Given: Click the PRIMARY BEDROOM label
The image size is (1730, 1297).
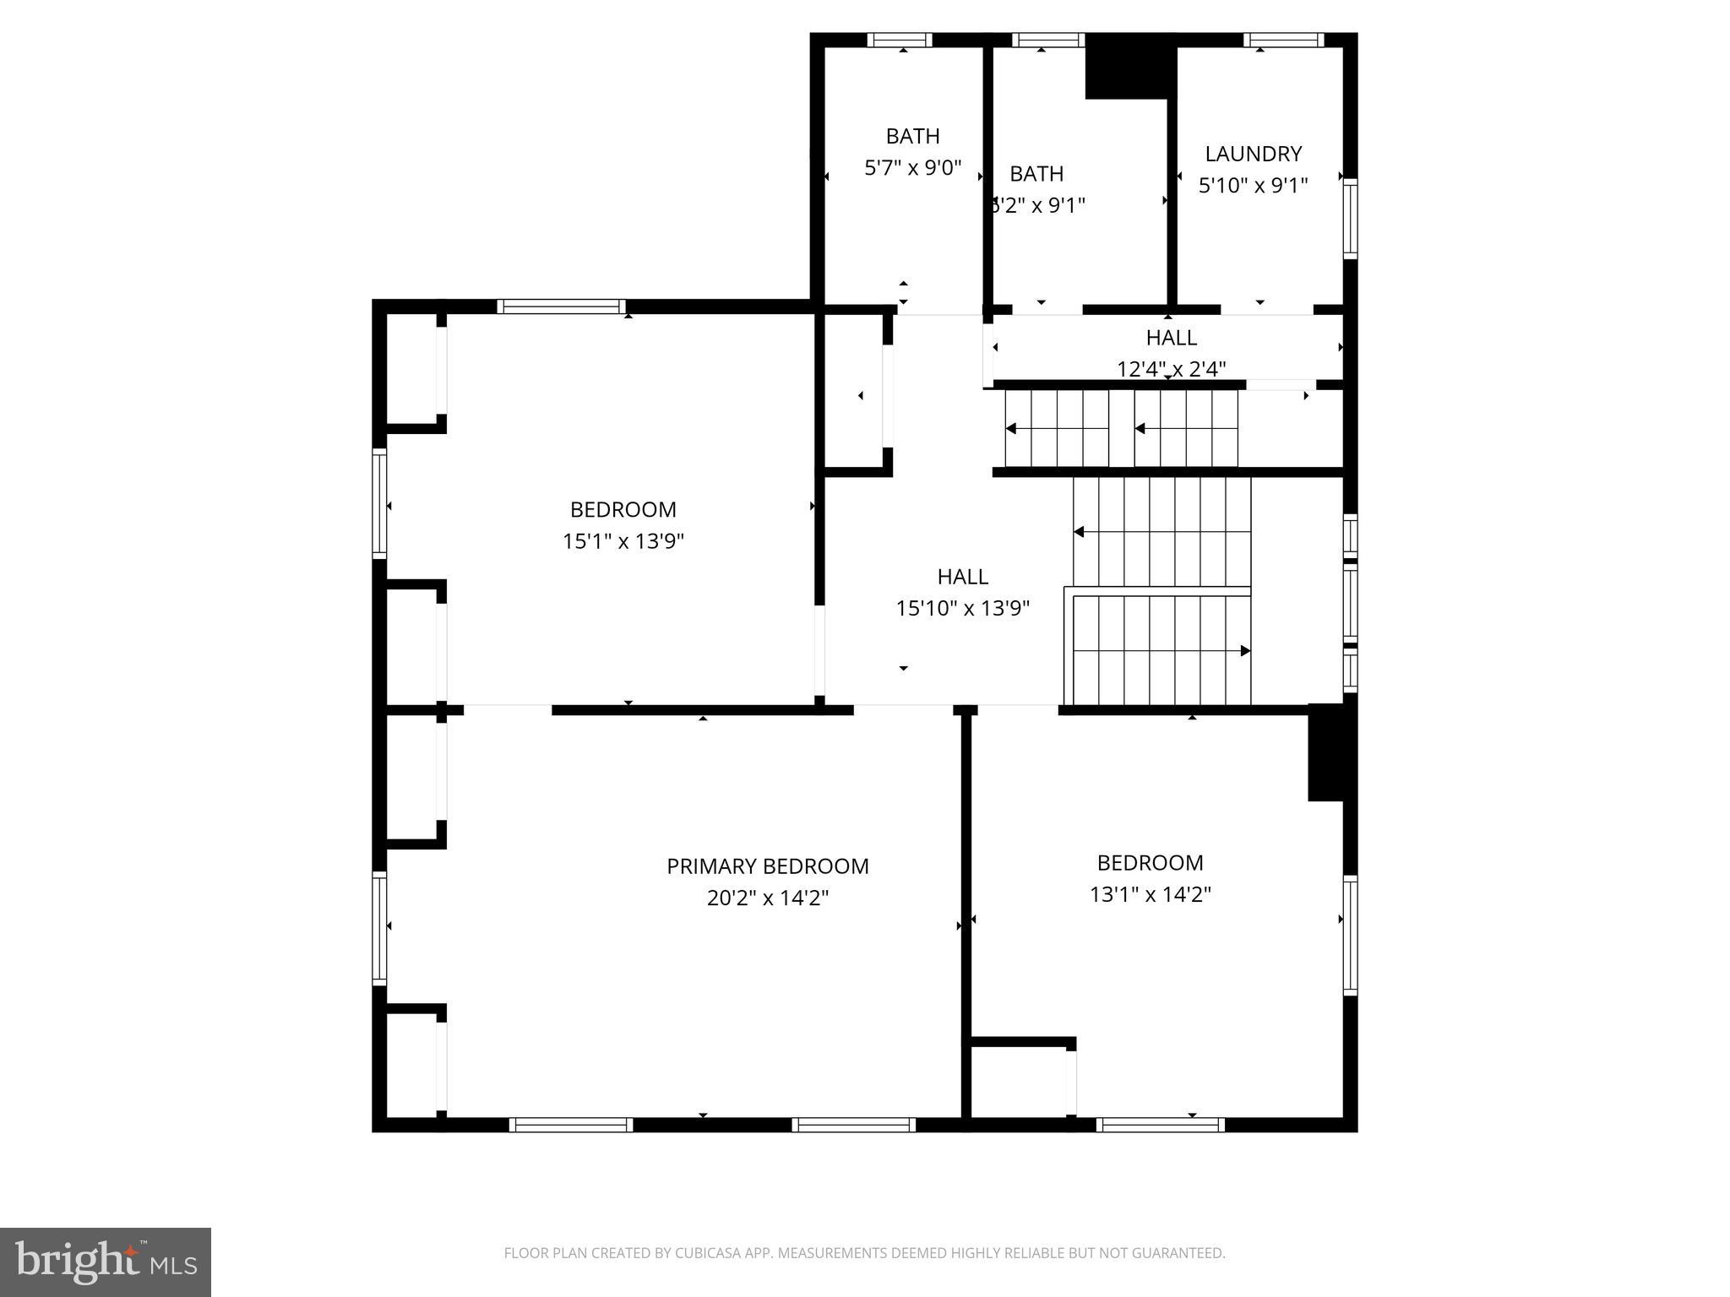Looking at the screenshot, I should [x=767, y=866].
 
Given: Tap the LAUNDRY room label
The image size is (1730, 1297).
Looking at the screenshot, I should [x=1253, y=154].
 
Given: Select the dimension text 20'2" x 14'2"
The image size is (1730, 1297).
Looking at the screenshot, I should [x=767, y=898].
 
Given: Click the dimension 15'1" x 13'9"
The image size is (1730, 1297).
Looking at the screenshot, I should [x=623, y=541].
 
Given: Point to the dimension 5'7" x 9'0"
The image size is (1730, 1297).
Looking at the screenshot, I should [x=912, y=168].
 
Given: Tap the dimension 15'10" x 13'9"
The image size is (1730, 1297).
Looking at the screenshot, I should [x=962, y=608].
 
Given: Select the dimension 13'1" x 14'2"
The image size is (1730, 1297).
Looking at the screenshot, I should [x=1150, y=894].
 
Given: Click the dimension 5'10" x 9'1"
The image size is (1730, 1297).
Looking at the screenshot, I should [x=1253, y=185].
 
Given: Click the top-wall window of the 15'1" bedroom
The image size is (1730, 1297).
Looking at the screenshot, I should [x=561, y=307].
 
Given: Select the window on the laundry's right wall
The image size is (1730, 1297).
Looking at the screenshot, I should [x=1350, y=218].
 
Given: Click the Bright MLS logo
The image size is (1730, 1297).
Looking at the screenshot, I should [x=106, y=1262].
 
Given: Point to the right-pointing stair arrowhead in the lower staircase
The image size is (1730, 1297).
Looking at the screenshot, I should [x=1244, y=651].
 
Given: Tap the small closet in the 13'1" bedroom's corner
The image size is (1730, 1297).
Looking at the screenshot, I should [x=1018, y=1082].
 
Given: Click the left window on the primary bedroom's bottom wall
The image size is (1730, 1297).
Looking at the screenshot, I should [x=571, y=1125].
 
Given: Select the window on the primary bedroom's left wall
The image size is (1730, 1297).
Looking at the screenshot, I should [x=380, y=928].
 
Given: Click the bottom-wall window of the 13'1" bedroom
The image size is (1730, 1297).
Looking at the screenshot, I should [x=1160, y=1125].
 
